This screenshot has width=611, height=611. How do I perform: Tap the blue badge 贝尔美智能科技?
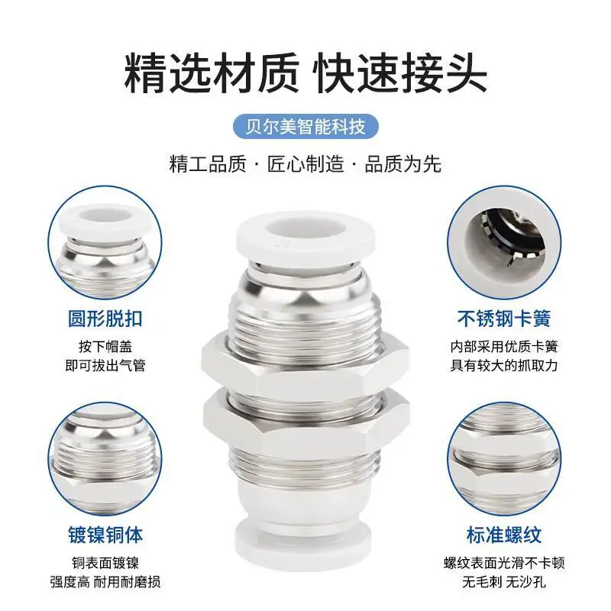click(305, 124)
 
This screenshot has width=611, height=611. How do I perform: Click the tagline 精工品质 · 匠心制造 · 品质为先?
click(305, 163)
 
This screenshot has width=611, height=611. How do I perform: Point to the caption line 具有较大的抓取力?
click(504, 365)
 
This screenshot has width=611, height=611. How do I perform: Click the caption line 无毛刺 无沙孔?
click(504, 582)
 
